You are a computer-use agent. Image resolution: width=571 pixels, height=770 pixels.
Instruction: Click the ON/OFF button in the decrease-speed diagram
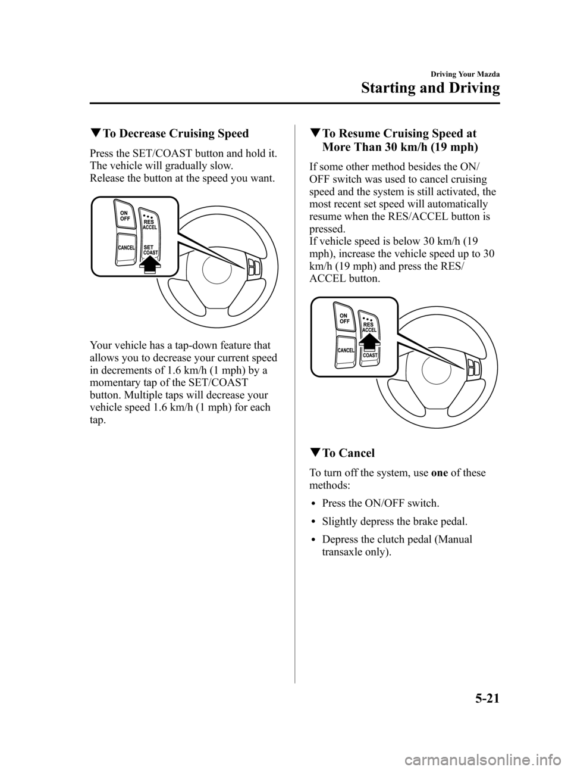pos(125,215)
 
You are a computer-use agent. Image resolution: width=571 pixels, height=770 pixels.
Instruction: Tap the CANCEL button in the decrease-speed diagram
pos(126,247)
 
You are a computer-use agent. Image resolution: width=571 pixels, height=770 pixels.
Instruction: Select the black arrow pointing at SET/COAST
pos(152,263)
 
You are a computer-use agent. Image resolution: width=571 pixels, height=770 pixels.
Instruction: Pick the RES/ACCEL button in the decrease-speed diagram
pos(150,222)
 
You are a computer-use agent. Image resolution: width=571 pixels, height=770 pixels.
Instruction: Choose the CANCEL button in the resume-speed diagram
pos(346,349)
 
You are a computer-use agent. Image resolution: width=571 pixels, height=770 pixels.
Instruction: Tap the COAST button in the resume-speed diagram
pos(369,356)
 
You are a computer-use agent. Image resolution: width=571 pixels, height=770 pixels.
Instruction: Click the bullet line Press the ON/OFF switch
pos(381,503)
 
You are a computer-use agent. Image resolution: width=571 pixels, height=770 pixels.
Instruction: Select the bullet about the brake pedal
pos(394,522)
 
